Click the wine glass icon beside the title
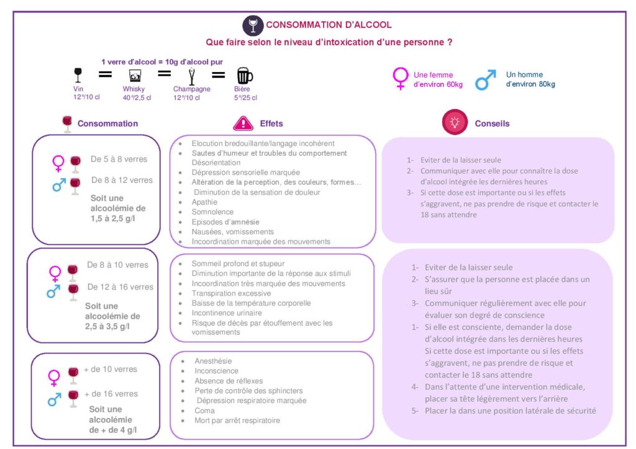pyautogui.click(x=253, y=26)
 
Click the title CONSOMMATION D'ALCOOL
pyautogui.click(x=329, y=25)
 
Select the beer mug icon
pyautogui.click(x=244, y=76)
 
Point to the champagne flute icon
pyautogui.click(x=191, y=76)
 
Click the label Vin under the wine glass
pyautogui.click(x=78, y=89)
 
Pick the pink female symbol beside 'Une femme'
pyautogui.click(x=401, y=78)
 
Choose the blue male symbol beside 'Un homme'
pyautogui.click(x=486, y=80)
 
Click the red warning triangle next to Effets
pyautogui.click(x=243, y=123)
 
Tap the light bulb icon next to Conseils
pyautogui.click(x=455, y=122)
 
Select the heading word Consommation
pyautogui.click(x=107, y=123)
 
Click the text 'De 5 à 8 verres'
pyautogui.click(x=119, y=159)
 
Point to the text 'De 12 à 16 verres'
pyautogui.click(x=120, y=287)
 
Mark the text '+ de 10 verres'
pyautogui.click(x=111, y=369)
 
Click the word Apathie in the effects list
pyautogui.click(x=204, y=202)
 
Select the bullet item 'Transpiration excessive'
pyautogui.click(x=231, y=293)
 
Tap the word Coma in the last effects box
pyautogui.click(x=204, y=411)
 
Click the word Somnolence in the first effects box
pyautogui.click(x=212, y=211)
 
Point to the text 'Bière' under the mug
pyautogui.click(x=242, y=89)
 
